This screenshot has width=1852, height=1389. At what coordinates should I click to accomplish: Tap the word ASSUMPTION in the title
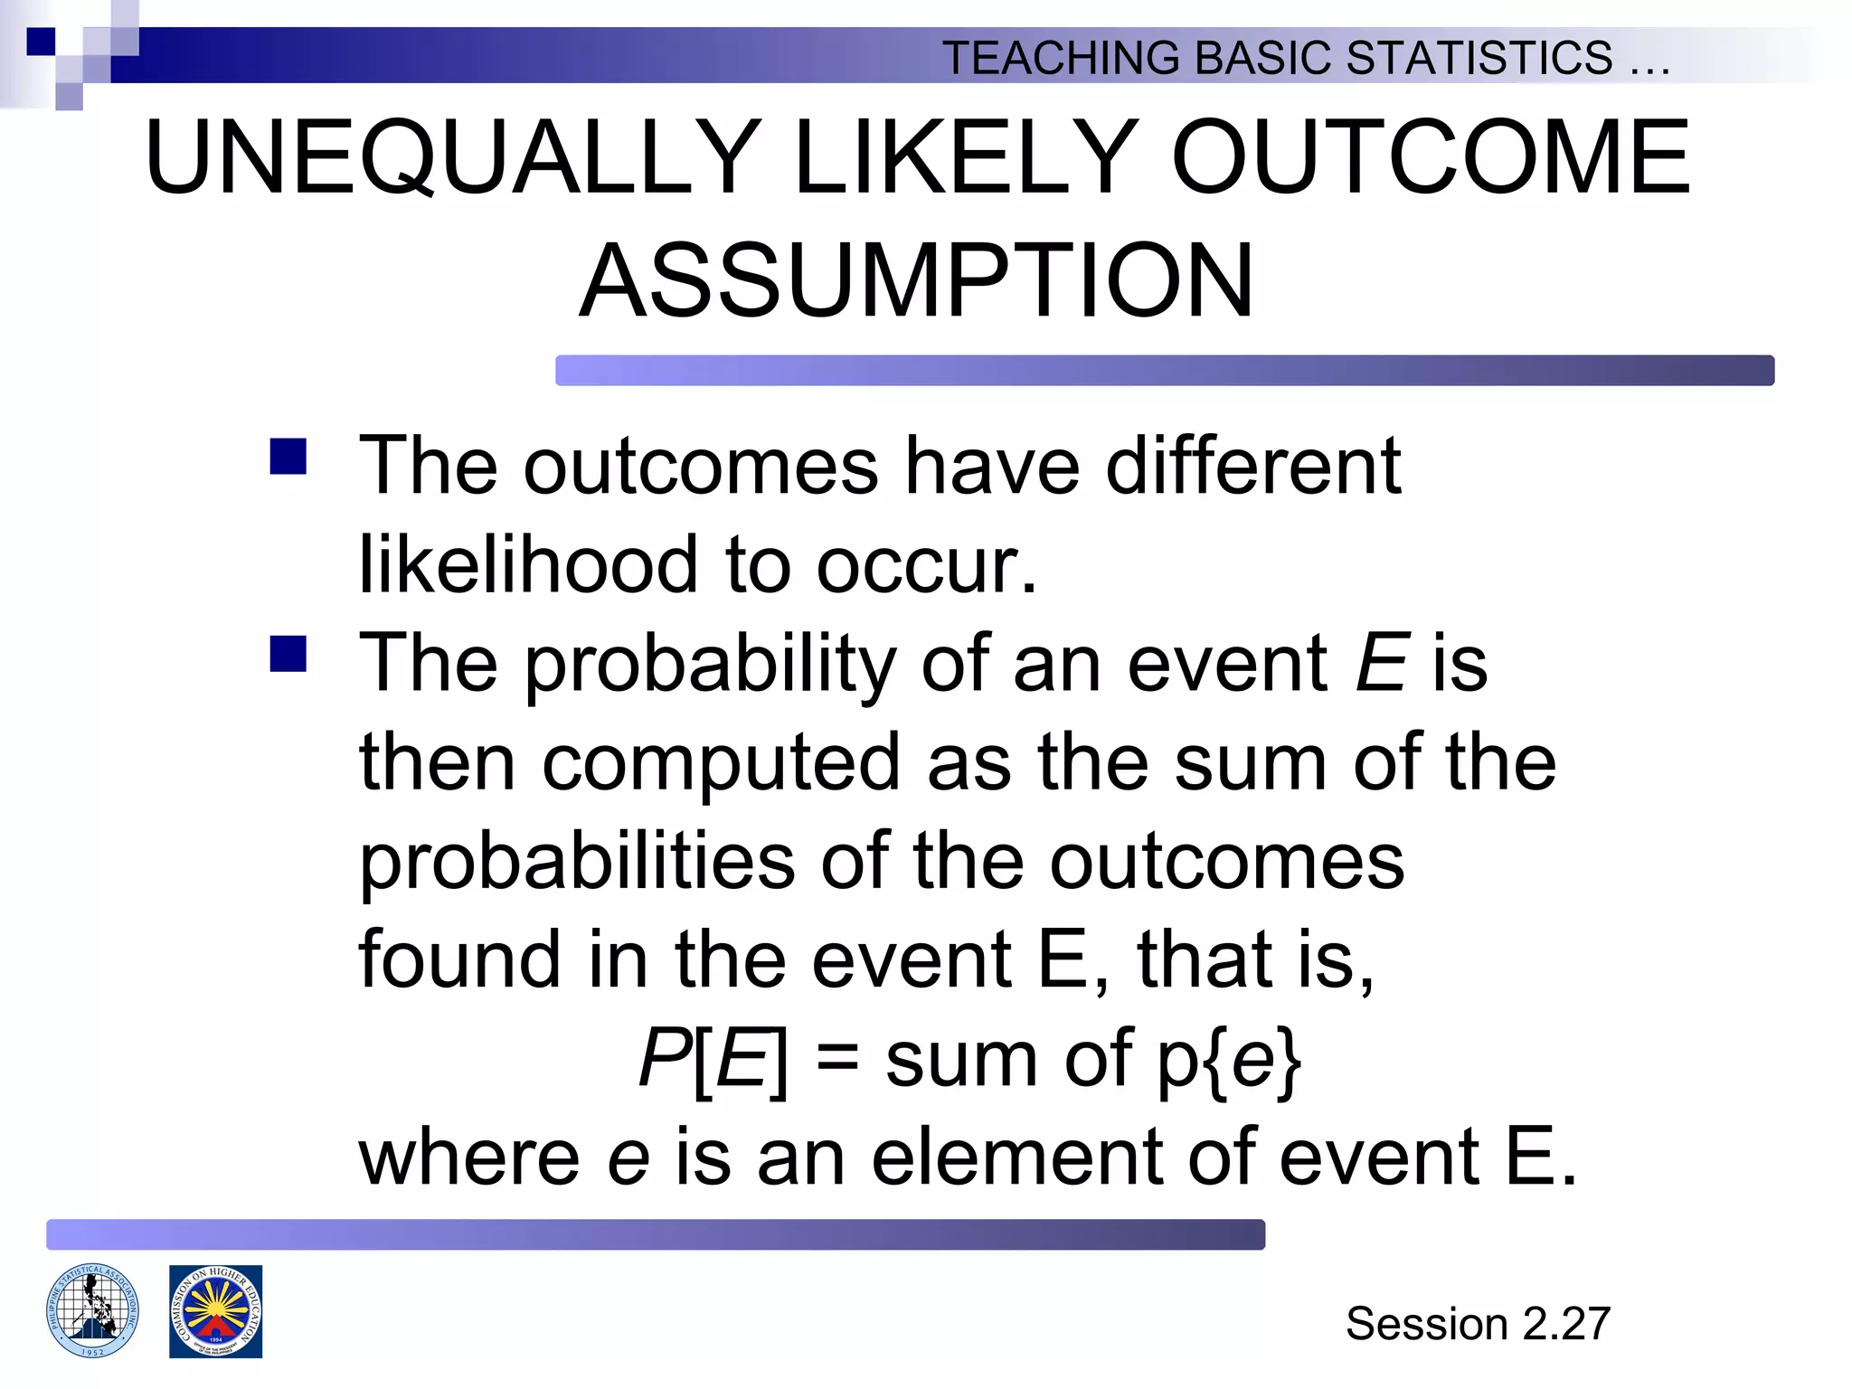click(916, 281)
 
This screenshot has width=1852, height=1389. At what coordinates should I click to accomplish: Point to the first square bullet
click(288, 457)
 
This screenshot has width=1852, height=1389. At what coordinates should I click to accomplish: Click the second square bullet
click(288, 655)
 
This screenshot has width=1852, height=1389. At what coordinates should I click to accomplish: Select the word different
click(1253, 466)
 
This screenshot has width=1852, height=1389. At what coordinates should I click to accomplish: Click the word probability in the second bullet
click(710, 665)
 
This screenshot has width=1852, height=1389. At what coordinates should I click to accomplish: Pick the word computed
click(720, 762)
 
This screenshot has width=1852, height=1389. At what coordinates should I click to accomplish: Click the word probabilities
click(578, 861)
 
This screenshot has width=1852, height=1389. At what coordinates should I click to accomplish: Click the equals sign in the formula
click(836, 1057)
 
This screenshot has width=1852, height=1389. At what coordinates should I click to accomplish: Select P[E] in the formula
click(713, 1059)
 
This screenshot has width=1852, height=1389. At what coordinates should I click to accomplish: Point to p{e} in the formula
click(1230, 1059)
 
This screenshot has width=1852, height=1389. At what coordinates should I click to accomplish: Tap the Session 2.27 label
click(1478, 1324)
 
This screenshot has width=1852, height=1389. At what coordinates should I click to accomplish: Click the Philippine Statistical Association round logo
click(92, 1310)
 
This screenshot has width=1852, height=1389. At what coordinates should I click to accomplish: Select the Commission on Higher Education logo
click(215, 1311)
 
